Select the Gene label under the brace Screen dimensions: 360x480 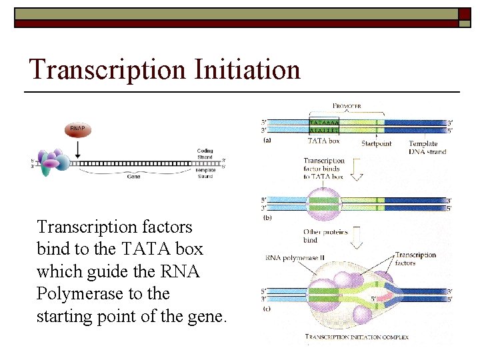(133, 177)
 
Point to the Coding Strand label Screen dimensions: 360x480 (205, 154)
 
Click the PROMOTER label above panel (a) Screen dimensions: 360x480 (347, 106)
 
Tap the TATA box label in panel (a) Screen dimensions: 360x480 (323, 141)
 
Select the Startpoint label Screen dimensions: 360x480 (377, 143)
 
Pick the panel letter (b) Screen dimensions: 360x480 (267, 218)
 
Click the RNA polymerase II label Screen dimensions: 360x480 (293, 258)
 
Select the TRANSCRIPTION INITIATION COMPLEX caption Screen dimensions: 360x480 (357, 337)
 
